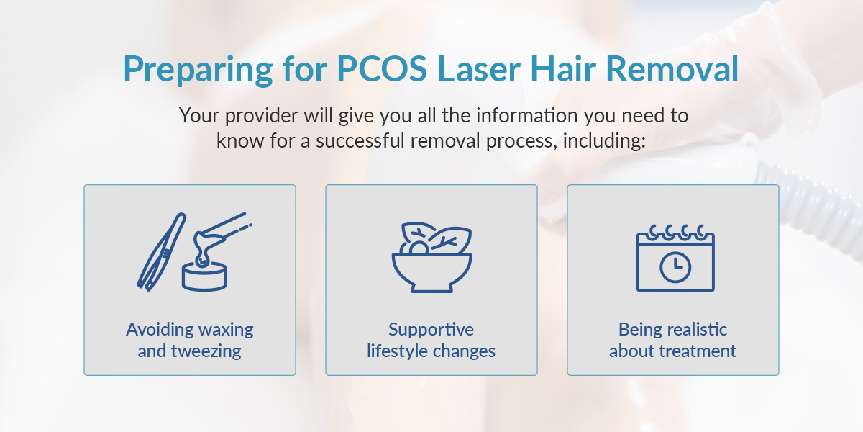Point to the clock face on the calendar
pos(675,268)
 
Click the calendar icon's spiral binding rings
pos(675,232)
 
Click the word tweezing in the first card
pos(206,351)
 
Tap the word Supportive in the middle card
pos(431,330)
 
